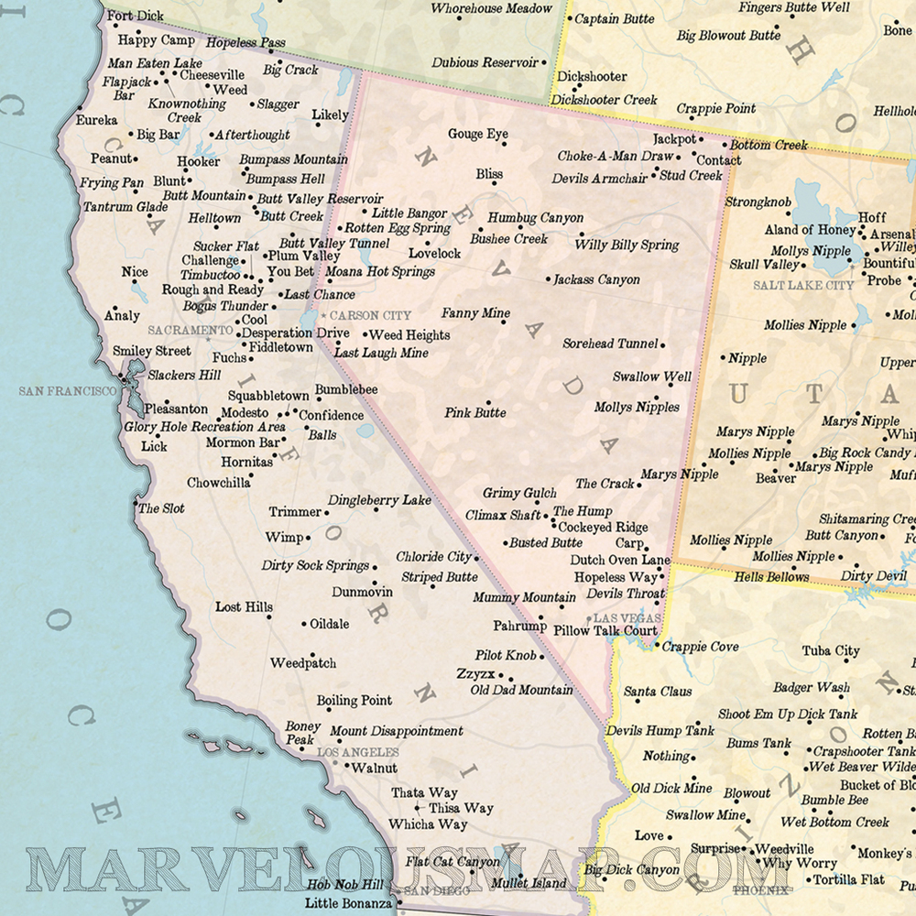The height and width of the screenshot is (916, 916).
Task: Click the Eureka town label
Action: (x=96, y=120)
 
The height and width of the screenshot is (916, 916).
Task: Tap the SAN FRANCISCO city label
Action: (x=68, y=391)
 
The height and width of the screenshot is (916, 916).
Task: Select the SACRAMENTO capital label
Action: (x=190, y=330)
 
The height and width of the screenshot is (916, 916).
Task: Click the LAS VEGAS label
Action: (x=627, y=618)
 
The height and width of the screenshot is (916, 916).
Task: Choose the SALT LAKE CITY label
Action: (x=803, y=286)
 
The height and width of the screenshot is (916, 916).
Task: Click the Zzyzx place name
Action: (x=474, y=673)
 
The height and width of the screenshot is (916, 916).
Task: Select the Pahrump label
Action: (x=519, y=627)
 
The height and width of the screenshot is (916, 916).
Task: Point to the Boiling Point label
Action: (x=354, y=701)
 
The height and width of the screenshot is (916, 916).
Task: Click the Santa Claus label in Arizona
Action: (x=658, y=692)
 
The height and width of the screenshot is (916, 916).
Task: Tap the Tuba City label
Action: (x=831, y=651)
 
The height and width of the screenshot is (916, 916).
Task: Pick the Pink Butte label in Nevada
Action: (x=475, y=413)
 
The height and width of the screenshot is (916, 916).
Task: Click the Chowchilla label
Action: (x=218, y=483)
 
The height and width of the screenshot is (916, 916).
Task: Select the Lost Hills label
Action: (x=244, y=606)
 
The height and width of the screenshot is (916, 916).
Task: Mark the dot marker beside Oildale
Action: (x=304, y=625)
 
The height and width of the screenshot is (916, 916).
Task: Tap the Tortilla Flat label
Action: (x=850, y=879)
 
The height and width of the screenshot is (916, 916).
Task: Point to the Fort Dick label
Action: (x=136, y=16)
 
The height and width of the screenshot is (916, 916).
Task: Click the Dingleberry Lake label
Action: (x=379, y=500)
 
